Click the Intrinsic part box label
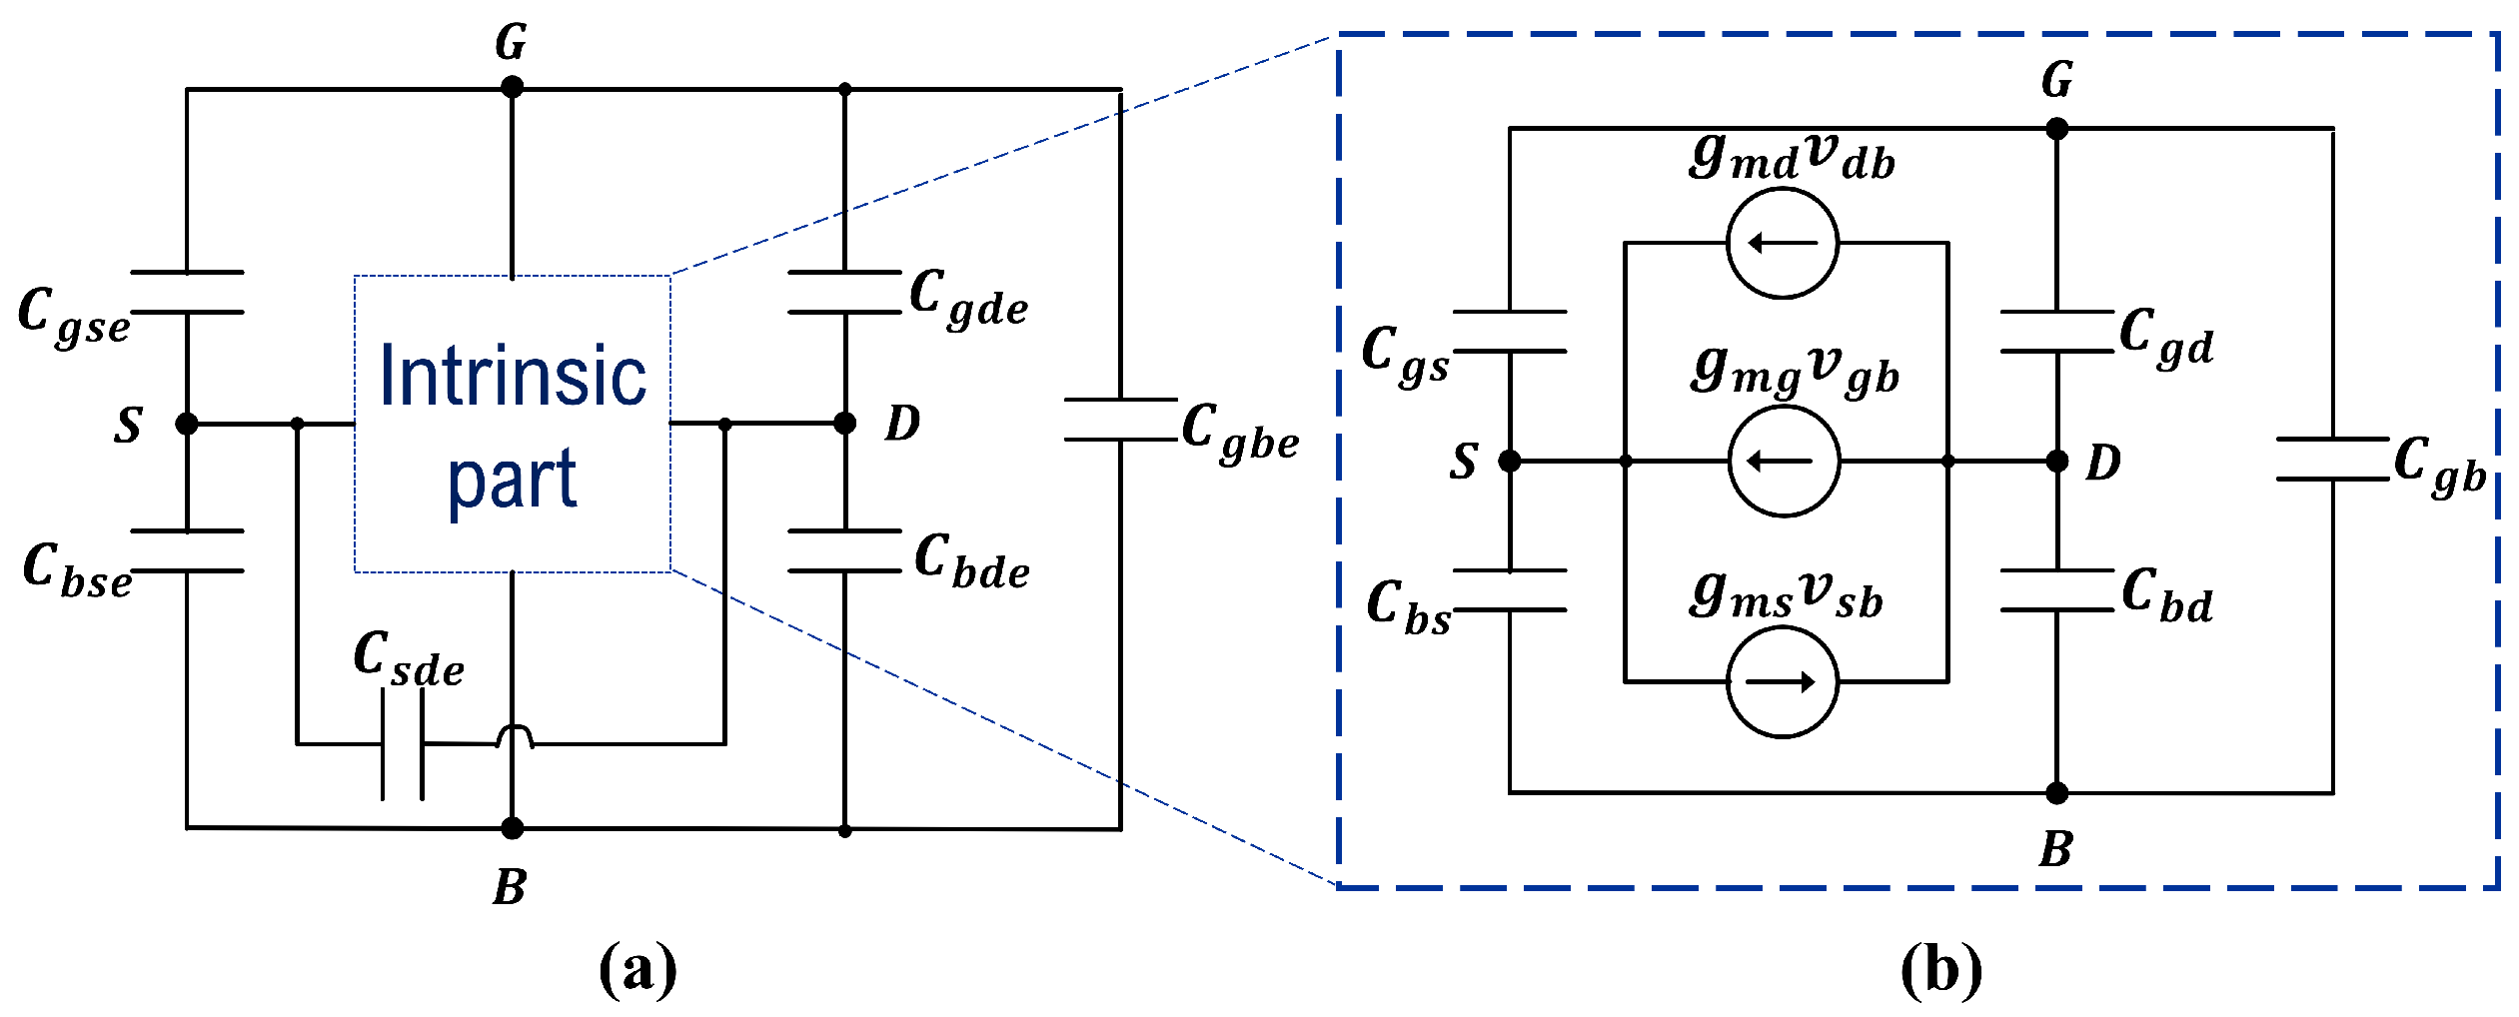pyautogui.click(x=513, y=426)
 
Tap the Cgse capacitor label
pyautogui.click(x=75, y=316)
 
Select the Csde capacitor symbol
pyautogui.click(x=403, y=744)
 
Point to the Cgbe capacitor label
pyautogui.click(x=1240, y=433)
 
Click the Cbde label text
pyautogui.click(x=972, y=562)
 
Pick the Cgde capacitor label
pyautogui.click(x=968, y=298)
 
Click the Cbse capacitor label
pyautogui.click(x=77, y=571)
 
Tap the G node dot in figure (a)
pyautogui.click(x=512, y=88)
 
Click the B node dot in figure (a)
pyautogui.click(x=512, y=828)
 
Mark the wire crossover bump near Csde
pyautogui.click(x=515, y=737)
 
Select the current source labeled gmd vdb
pyautogui.click(x=1783, y=243)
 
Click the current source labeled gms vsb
pyautogui.click(x=1783, y=682)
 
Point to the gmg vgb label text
pyautogui.click(x=1795, y=372)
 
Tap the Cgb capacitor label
pyautogui.click(x=2439, y=467)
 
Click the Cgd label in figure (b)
pyautogui.click(x=2165, y=338)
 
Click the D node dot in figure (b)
pyautogui.click(x=2057, y=462)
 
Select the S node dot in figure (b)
pyautogui.click(x=1510, y=462)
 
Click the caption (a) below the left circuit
pyautogui.click(x=637, y=968)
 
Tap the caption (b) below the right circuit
pyautogui.click(x=1940, y=968)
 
